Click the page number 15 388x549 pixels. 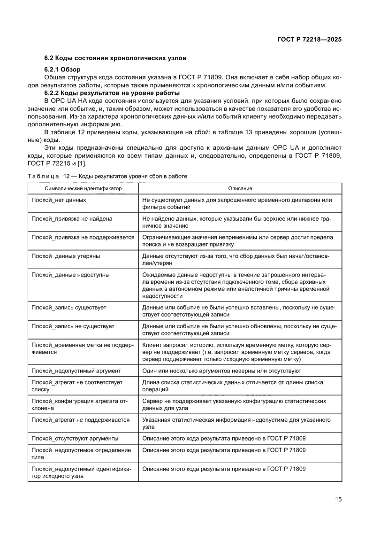pyautogui.click(x=338, y=499)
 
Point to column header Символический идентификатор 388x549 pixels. pyautogui.click(x=83, y=188)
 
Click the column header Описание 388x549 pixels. pyautogui.click(x=240, y=188)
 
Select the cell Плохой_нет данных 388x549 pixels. pyautogui.click(x=59, y=200)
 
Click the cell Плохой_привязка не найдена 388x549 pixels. pyautogui.click(x=72, y=219)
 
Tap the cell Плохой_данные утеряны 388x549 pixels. pyautogui.click(x=65, y=256)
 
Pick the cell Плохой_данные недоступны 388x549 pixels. pyautogui.click(x=70, y=275)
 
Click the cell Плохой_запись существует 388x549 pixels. pyautogui.click(x=68, y=307)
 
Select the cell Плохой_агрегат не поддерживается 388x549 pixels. pyautogui.click(x=80, y=420)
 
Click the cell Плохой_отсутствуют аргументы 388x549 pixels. pyautogui.click(x=75, y=438)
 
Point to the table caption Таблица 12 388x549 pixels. pyautogui.click(x=107, y=176)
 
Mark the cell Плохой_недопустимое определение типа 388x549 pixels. pyautogui.click(x=81, y=453)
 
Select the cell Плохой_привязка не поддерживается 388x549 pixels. pyautogui.click(x=83, y=238)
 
